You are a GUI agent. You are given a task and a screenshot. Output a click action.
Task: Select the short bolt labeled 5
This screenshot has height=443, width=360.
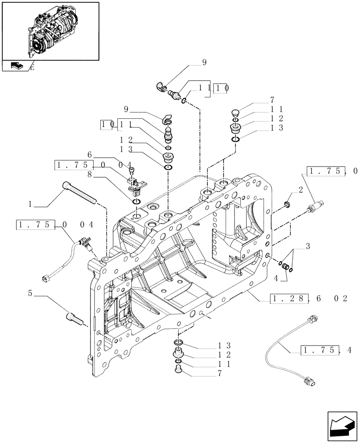74,318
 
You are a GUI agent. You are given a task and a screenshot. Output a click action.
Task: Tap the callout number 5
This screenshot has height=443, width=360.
30,293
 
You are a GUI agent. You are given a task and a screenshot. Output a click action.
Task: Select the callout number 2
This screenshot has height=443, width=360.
301,190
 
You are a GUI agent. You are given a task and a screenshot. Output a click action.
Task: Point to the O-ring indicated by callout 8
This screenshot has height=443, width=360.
137,202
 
